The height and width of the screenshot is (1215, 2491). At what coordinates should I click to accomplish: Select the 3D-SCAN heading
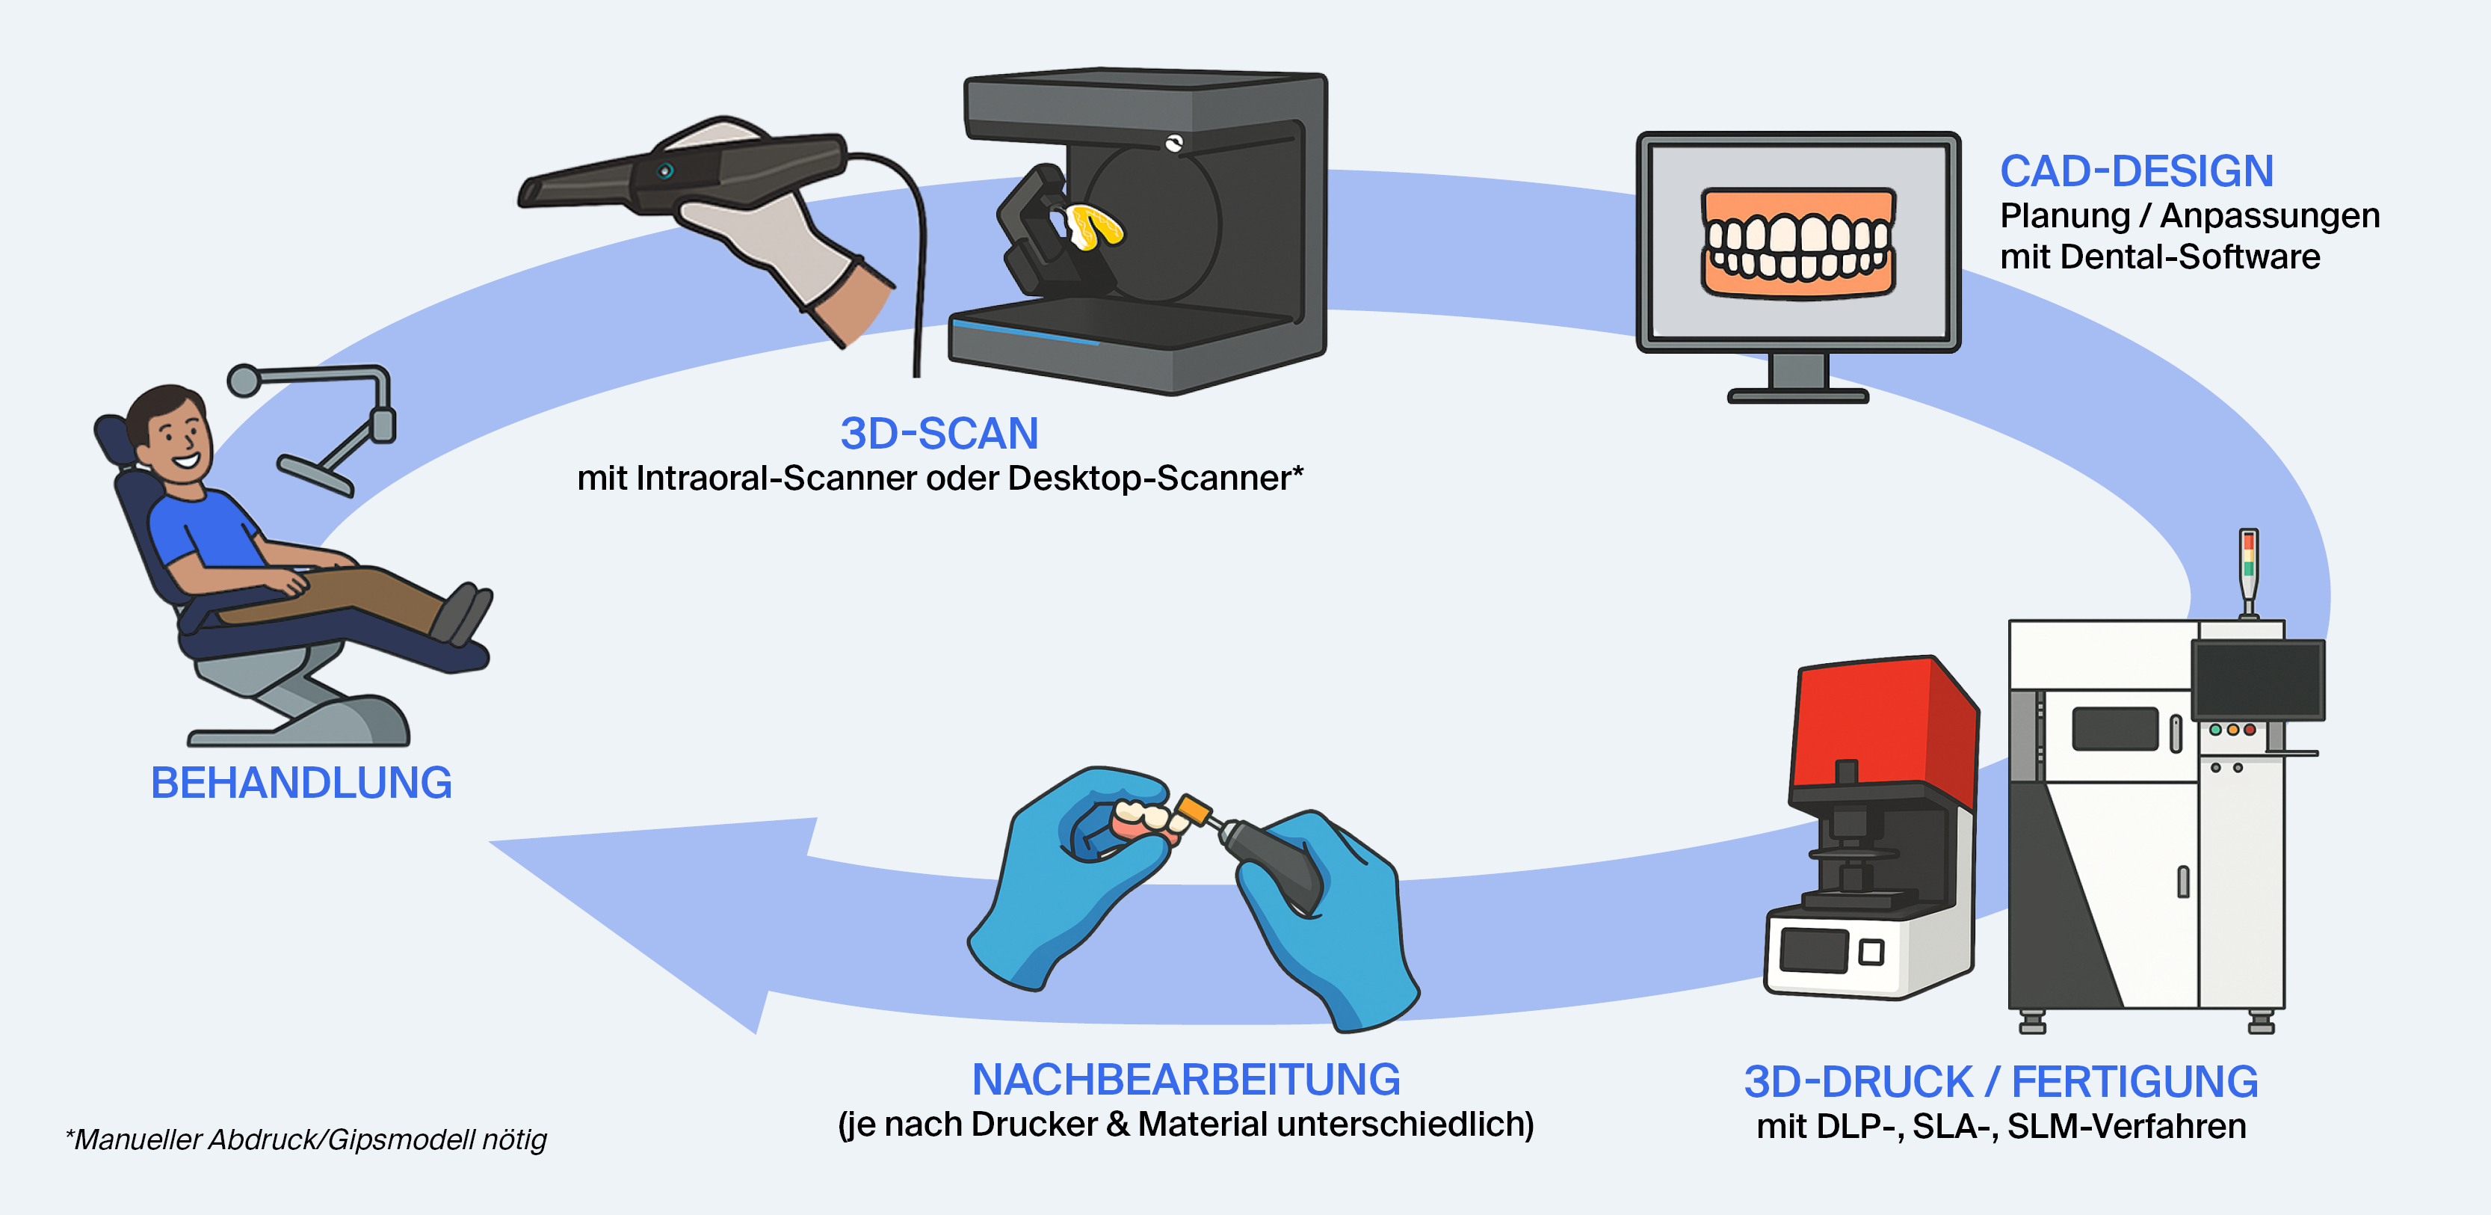[x=939, y=434]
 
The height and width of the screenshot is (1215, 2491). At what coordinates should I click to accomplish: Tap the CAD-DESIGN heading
[x=2136, y=172]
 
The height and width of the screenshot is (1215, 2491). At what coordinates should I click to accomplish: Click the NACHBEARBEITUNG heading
[x=1185, y=1080]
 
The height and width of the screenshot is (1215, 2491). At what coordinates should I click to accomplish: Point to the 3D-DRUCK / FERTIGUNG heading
[x=2001, y=1081]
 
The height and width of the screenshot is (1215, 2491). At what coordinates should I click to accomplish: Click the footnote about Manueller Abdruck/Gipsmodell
[x=306, y=1139]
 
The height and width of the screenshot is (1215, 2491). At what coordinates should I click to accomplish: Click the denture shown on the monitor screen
[x=1797, y=242]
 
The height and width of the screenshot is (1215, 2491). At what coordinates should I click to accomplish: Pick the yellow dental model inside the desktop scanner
[x=1096, y=228]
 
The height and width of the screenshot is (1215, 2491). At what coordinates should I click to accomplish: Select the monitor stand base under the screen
[x=1797, y=395]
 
